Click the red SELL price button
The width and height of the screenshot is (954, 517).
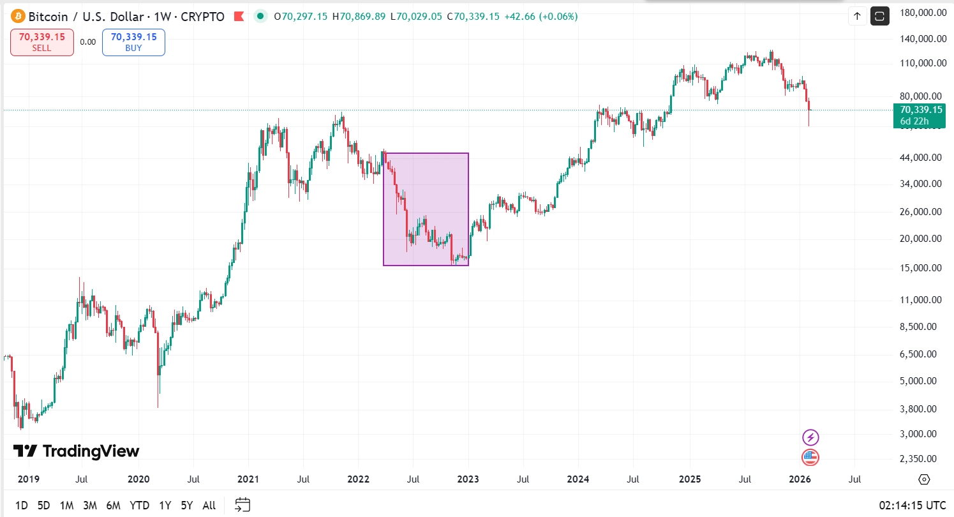click(42, 42)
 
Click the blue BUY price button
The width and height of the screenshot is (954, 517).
click(133, 42)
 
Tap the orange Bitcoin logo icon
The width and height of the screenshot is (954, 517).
click(18, 17)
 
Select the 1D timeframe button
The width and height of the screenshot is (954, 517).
click(21, 506)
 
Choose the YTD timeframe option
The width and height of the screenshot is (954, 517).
click(139, 506)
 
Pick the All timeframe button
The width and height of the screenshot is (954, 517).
click(209, 506)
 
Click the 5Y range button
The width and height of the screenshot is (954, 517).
click(186, 506)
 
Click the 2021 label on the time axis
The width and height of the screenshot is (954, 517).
click(248, 479)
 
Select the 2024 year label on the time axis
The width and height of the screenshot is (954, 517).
click(578, 479)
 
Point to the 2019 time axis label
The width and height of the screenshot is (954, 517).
click(28, 479)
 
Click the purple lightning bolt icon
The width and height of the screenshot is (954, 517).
click(810, 437)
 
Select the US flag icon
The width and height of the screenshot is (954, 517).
click(810, 457)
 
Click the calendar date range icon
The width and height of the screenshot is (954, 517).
click(241, 506)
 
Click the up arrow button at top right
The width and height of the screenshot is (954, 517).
click(857, 17)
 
